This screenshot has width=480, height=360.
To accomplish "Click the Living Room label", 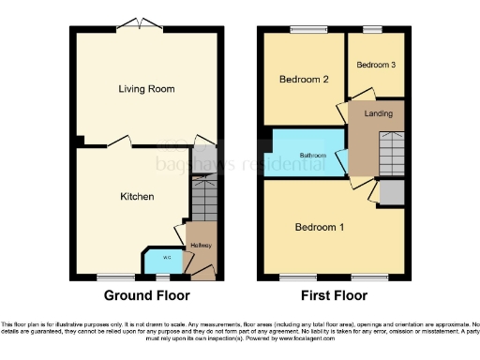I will pyautogui.click(x=147, y=89).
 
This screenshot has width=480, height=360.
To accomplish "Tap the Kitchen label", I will pyautogui.click(x=136, y=197).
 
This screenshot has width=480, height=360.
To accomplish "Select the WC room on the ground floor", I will pyautogui.click(x=154, y=259).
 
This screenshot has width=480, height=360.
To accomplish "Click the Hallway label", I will pyautogui.click(x=202, y=246).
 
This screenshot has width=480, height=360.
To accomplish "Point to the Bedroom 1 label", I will pyautogui.click(x=320, y=228).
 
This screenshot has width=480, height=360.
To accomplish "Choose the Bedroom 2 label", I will pyautogui.click(x=303, y=80).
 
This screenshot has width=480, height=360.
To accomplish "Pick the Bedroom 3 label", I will pyautogui.click(x=375, y=65).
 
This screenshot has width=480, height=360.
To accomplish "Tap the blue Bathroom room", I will pyautogui.click(x=312, y=155).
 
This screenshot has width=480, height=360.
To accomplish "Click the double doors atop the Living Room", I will pyautogui.click(x=141, y=23).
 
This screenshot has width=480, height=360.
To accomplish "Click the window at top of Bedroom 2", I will pyautogui.click(x=303, y=28).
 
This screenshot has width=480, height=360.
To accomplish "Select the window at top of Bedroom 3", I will pyautogui.click(x=372, y=28).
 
